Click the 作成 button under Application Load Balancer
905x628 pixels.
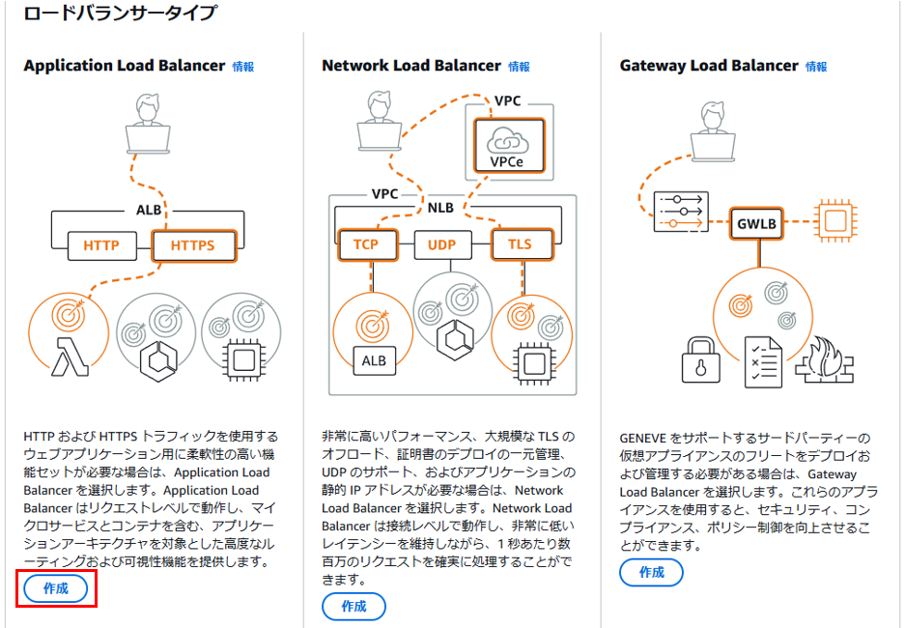point(56,588)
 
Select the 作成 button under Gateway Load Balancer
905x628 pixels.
point(651,572)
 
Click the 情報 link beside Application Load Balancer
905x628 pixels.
point(243,67)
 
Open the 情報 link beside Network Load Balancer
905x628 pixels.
point(519,67)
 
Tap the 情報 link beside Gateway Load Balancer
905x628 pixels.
point(816,67)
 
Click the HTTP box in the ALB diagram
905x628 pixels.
point(102,246)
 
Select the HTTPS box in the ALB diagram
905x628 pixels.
point(194,246)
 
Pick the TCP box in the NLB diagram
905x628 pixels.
point(367,244)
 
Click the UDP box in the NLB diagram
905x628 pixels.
point(442,245)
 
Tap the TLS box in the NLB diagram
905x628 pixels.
point(522,244)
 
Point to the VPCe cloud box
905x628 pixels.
point(508,146)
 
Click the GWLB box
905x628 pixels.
point(756,223)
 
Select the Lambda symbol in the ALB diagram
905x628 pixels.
point(70,357)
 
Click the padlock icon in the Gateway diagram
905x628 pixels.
point(700,360)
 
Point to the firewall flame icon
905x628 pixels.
point(824,360)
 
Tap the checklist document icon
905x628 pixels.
point(764,362)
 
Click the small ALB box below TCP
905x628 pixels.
point(374,360)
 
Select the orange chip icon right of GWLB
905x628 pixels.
point(835,220)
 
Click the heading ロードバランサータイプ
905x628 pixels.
point(121,13)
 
